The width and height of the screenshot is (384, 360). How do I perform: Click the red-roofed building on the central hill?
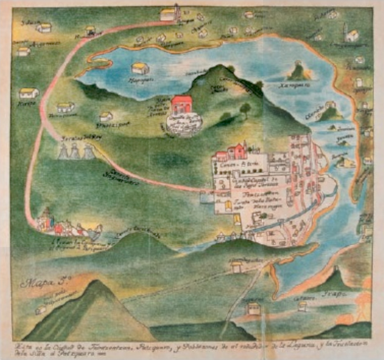182,105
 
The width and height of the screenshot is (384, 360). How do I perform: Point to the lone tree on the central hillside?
245,109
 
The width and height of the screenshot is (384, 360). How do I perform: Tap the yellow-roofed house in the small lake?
140,68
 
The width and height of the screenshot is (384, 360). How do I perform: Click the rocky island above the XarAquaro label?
299,70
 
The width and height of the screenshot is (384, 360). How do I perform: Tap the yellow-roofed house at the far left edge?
28,93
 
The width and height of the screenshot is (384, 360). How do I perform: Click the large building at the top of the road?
170,13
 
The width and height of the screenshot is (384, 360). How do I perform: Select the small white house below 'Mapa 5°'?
41,308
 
